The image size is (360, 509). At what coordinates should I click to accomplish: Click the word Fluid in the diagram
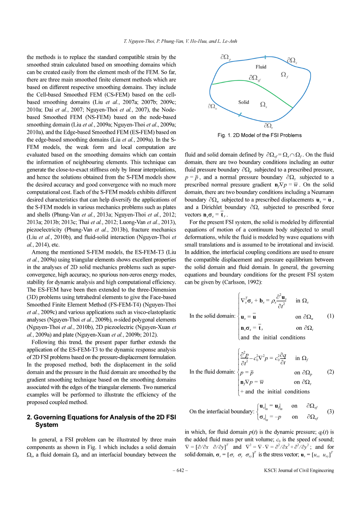point(261,67)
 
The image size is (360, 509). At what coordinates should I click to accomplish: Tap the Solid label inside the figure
point(244,102)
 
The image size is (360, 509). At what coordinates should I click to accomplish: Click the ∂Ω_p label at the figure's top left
point(226,57)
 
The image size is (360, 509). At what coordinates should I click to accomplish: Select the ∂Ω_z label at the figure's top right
point(292,60)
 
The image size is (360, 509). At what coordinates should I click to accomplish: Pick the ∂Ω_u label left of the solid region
point(212,106)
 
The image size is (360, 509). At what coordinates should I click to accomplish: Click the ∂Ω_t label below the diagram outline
point(268,126)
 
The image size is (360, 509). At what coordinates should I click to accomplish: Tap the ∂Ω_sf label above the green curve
point(255,78)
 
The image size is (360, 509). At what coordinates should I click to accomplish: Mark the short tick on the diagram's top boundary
point(265,57)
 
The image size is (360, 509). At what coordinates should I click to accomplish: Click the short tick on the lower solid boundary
point(240,114)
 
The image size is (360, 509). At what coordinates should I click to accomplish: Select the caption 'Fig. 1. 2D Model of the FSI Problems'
point(260,135)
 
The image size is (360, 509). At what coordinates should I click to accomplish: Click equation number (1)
point(330,316)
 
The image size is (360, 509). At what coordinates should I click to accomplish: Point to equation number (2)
point(330,372)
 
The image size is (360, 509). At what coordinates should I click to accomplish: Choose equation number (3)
point(330,411)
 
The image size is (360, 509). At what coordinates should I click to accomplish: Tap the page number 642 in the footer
point(180,470)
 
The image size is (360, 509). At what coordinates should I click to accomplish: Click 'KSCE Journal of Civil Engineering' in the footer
point(299,470)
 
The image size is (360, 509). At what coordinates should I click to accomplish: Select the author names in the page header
point(180,41)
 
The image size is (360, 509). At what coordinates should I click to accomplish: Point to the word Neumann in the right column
point(321,192)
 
